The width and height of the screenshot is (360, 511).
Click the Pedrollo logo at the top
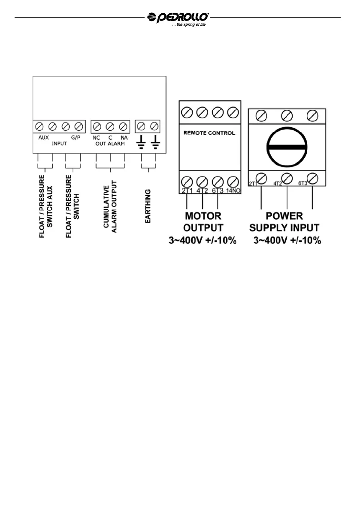point(178,17)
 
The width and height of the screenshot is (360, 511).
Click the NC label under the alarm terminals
point(96,138)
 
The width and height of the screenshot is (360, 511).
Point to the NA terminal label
point(124,138)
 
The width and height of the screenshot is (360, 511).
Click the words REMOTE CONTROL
point(209,133)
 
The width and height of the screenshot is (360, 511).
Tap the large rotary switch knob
point(286,146)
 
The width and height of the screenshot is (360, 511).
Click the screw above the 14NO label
point(233,181)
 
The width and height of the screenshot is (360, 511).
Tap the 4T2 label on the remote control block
point(202,191)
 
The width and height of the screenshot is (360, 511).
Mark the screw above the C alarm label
point(110,127)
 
